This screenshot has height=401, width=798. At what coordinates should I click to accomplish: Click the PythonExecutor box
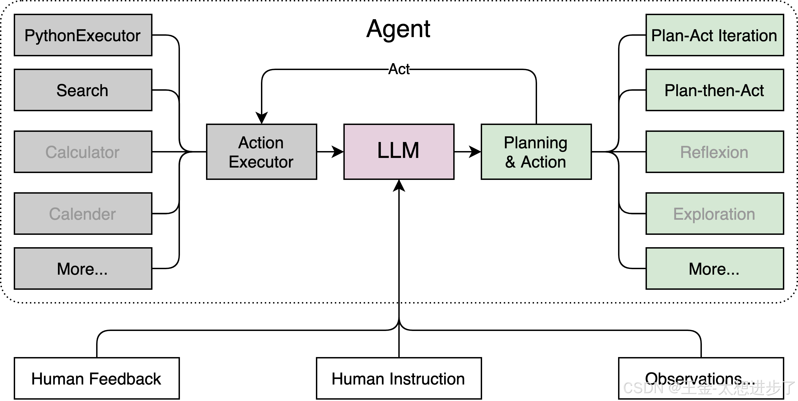[83, 35]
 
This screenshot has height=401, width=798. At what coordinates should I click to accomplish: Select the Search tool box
[83, 90]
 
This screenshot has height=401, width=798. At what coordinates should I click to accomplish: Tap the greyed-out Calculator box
[83, 152]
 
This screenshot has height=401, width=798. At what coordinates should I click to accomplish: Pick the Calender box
[83, 213]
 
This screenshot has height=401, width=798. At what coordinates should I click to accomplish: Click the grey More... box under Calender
[83, 268]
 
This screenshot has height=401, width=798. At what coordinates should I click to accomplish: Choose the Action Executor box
[262, 152]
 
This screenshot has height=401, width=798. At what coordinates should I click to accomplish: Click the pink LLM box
[399, 152]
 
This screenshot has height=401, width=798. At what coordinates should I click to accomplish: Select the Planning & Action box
[536, 152]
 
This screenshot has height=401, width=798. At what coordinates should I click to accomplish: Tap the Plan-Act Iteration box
[714, 35]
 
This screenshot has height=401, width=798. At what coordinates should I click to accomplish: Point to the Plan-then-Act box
[714, 90]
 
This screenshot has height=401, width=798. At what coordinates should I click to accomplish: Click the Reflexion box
[714, 152]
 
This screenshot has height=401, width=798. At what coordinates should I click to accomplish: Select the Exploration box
[714, 213]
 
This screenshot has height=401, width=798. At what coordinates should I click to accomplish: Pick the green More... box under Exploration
[714, 268]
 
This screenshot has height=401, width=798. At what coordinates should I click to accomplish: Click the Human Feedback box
[97, 378]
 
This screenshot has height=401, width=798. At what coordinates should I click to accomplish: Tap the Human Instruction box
[399, 378]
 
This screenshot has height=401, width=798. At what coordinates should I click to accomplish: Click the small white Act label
[399, 69]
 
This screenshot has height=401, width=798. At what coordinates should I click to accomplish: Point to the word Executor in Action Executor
[261, 162]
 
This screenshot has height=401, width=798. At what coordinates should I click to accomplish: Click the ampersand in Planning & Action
[510, 162]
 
